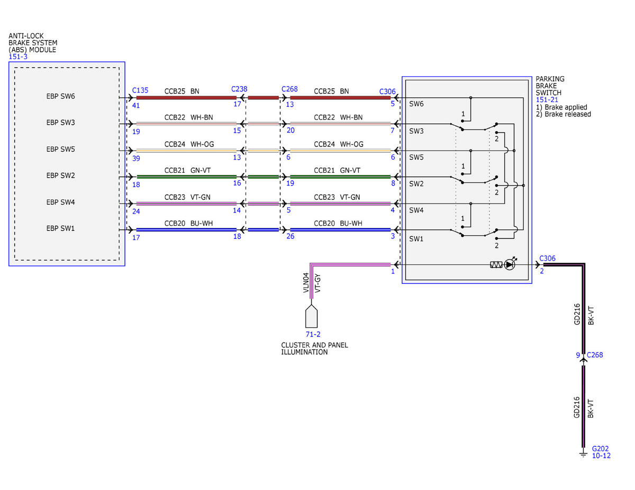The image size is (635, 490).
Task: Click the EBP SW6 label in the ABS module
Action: point(60,96)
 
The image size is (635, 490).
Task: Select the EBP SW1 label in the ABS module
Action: point(60,228)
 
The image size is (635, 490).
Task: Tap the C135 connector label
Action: point(140,90)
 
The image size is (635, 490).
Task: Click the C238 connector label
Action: point(239,89)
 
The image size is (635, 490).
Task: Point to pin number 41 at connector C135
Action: point(136,105)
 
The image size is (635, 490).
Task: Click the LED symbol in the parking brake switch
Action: point(510,264)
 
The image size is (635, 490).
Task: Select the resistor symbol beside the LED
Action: point(496,265)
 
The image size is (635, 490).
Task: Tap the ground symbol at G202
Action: point(583,454)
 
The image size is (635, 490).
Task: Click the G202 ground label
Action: point(600,449)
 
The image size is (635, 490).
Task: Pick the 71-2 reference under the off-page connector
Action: point(313,334)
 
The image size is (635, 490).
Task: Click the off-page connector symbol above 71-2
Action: point(312,316)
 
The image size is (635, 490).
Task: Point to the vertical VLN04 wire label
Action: point(306,282)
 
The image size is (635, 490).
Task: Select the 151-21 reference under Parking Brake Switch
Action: point(547,100)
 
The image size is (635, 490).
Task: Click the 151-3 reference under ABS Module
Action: point(18,57)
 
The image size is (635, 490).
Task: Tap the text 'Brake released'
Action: point(568,114)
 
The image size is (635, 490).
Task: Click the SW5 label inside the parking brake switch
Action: point(416,158)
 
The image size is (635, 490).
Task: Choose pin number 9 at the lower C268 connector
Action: point(578,355)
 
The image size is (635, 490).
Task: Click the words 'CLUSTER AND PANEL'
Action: point(314,345)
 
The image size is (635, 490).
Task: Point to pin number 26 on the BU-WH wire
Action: point(291,236)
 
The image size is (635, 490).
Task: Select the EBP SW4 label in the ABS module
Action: point(60,202)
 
